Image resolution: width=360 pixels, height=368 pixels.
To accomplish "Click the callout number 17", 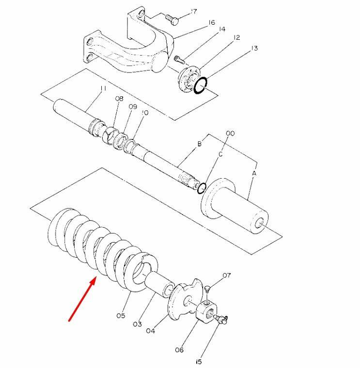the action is (x=193, y=12).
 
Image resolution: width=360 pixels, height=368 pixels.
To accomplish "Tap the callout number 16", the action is (x=212, y=23).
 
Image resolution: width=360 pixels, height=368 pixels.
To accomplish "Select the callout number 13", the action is (x=254, y=48).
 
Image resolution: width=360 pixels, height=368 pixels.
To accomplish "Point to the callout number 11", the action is (x=103, y=88).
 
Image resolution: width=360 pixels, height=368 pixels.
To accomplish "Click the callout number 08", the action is (x=119, y=99).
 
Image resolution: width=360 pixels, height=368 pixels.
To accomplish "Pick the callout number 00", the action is (x=230, y=133).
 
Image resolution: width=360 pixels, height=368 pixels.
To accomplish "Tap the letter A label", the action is (x=254, y=173).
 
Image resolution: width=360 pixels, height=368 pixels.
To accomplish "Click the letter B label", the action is (x=199, y=144).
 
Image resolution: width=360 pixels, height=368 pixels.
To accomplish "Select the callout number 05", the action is (x=121, y=316).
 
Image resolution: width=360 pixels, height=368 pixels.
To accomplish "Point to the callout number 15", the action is (x=199, y=362).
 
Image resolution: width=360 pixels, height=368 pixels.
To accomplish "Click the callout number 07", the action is (x=227, y=275).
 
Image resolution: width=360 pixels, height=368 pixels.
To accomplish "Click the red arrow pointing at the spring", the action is (x=82, y=299).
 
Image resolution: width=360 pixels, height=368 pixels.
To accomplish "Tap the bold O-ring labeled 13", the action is (x=201, y=85).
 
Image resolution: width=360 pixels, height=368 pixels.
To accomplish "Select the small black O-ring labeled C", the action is (x=202, y=188).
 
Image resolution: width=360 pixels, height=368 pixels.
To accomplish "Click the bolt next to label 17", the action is (x=172, y=19).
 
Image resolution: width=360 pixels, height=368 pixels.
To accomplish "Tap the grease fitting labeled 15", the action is (x=221, y=320).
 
